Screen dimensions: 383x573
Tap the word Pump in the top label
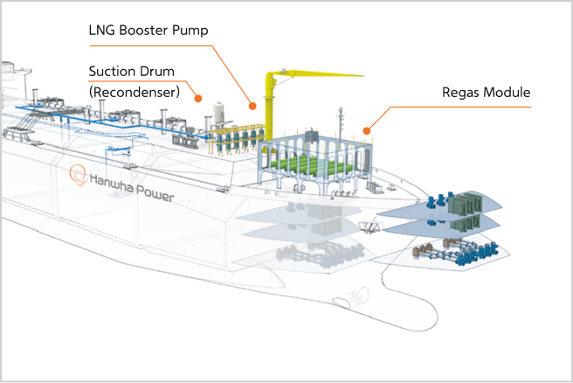click(x=194, y=31)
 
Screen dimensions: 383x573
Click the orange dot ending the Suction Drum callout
click(x=199, y=98)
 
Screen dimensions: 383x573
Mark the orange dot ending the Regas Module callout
click(x=368, y=130)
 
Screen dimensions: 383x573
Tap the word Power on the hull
click(x=156, y=195)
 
